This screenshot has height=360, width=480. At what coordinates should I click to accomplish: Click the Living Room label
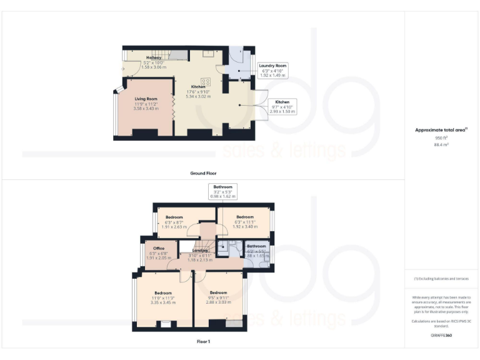pyautogui.click(x=146, y=99)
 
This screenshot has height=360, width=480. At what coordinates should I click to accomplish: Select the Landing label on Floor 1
pyautogui.click(x=200, y=251)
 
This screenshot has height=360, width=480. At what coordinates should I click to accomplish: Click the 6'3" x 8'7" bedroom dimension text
pyautogui.click(x=174, y=222)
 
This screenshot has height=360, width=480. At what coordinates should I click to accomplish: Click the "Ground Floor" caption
pyautogui.click(x=203, y=172)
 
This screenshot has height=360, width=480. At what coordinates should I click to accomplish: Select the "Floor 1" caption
pyautogui.click(x=203, y=341)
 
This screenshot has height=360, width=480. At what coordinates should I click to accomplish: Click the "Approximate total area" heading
pyautogui.click(x=441, y=130)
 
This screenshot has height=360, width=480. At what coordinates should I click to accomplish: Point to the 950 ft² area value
pyautogui.click(x=441, y=137)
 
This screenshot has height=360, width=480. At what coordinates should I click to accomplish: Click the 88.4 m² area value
pyautogui.click(x=441, y=144)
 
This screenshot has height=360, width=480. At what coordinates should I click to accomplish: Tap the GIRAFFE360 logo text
pyautogui.click(x=441, y=336)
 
